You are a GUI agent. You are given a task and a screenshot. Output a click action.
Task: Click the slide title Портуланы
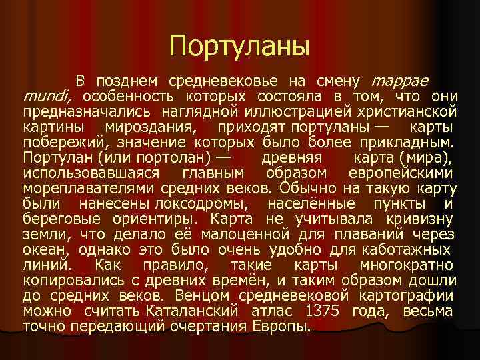[x=240, y=46]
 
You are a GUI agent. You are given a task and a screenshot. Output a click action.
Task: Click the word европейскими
[x=409, y=172]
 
